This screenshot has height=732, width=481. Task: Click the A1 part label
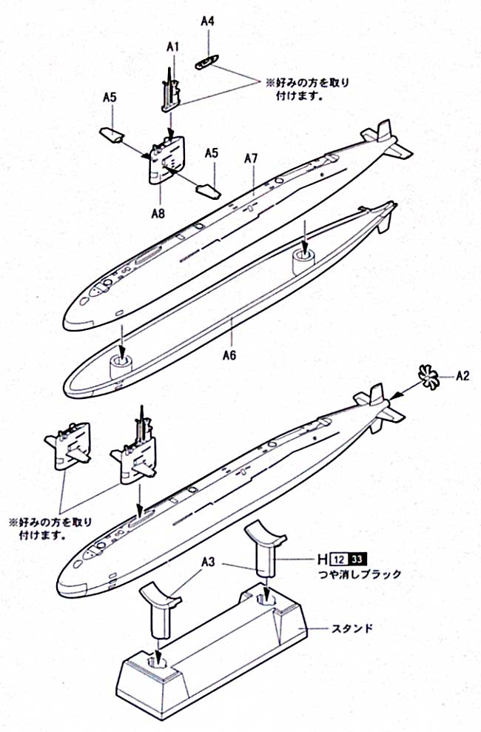(x=173, y=46)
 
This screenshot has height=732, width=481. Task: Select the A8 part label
(x=158, y=213)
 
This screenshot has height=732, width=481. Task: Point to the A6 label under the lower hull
(x=229, y=355)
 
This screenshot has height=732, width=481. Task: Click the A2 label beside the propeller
(x=463, y=375)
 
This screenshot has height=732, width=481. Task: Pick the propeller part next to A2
(x=428, y=376)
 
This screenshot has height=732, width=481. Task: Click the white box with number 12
(x=340, y=559)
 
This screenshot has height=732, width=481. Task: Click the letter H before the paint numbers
(x=323, y=559)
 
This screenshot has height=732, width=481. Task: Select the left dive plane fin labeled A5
(x=112, y=135)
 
